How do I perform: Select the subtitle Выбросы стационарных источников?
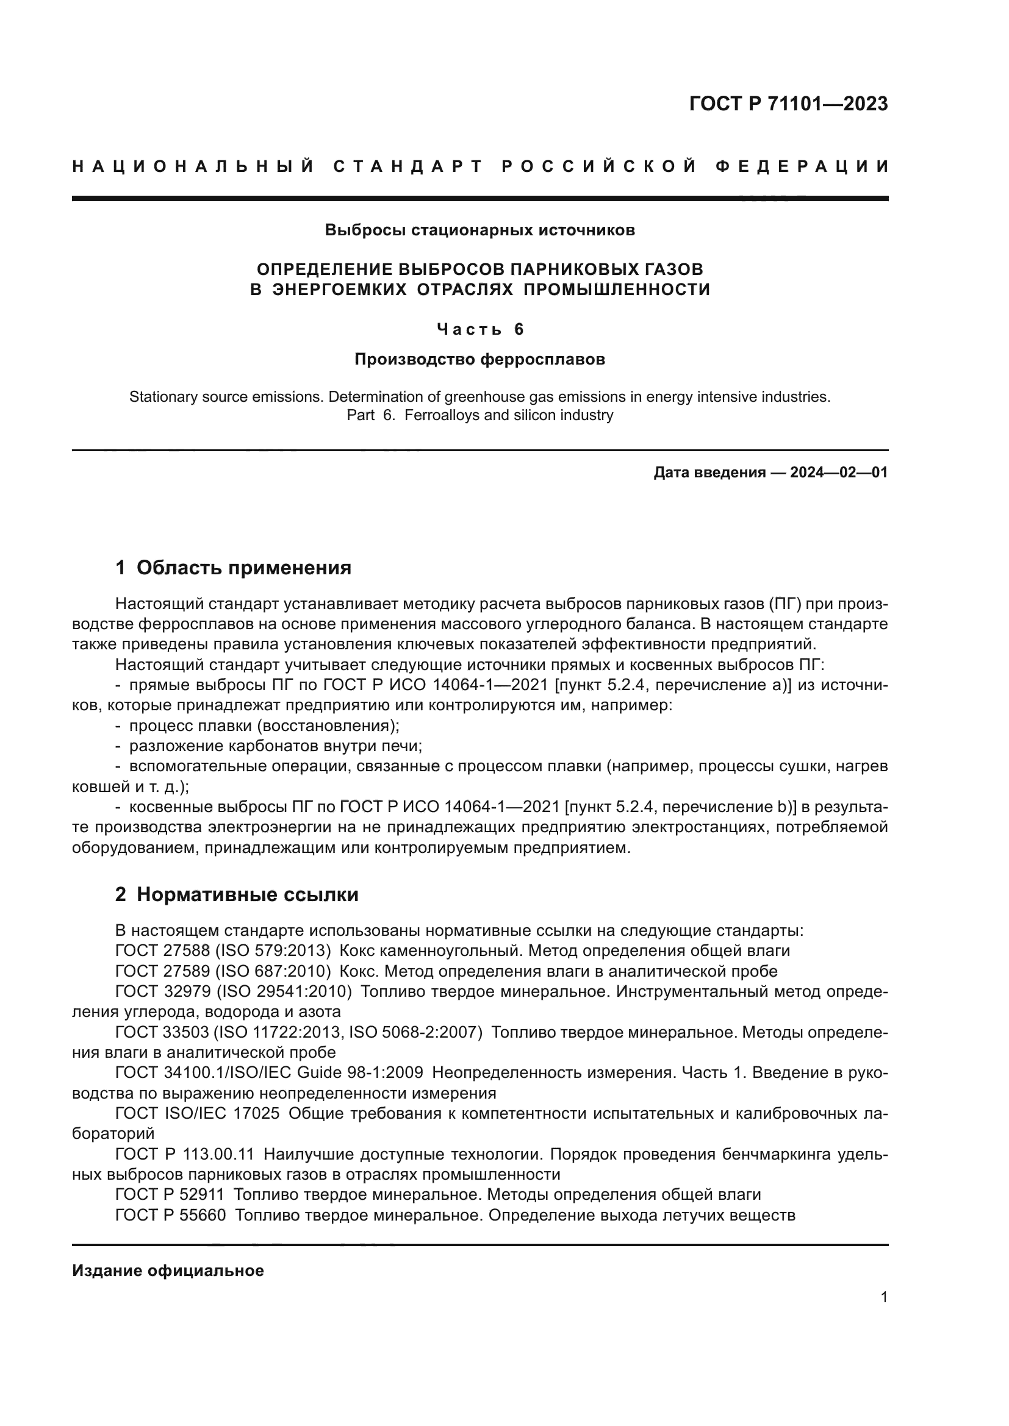pos(479,230)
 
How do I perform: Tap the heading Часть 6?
pos(479,329)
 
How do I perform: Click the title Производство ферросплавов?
pos(479,359)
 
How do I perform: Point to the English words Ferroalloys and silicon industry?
pos(508,415)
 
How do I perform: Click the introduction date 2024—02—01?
pos(838,472)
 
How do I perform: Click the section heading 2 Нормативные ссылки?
pos(237,894)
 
